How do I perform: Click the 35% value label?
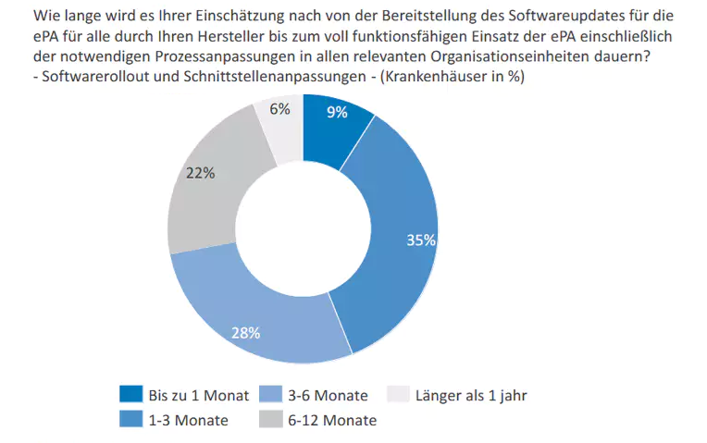point(421,240)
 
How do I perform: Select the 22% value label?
point(200,173)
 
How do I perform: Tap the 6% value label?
point(279,109)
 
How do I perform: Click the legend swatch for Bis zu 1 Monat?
point(131,395)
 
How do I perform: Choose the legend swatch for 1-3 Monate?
point(131,419)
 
